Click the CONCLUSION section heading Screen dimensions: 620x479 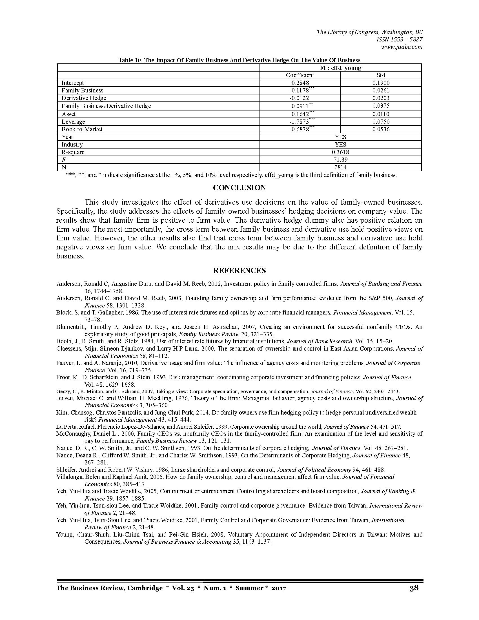point(239,188)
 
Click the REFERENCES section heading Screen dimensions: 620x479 point(239,271)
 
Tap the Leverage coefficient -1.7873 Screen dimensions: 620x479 point(299,122)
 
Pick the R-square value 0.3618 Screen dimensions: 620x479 point(340,152)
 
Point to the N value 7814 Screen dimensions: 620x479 point(340,167)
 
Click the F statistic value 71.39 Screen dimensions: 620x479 point(340,160)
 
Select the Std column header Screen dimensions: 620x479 point(381,75)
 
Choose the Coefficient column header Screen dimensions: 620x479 point(300,75)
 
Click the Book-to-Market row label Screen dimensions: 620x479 point(82,129)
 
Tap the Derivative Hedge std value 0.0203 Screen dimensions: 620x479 point(381,98)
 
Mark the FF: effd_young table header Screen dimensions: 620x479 point(340,68)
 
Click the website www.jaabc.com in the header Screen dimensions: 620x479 point(402,47)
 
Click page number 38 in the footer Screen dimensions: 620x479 point(414,588)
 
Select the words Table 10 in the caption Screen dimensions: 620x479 point(129,60)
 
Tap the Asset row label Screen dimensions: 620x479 point(69,114)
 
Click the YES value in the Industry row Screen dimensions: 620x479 point(340,145)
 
